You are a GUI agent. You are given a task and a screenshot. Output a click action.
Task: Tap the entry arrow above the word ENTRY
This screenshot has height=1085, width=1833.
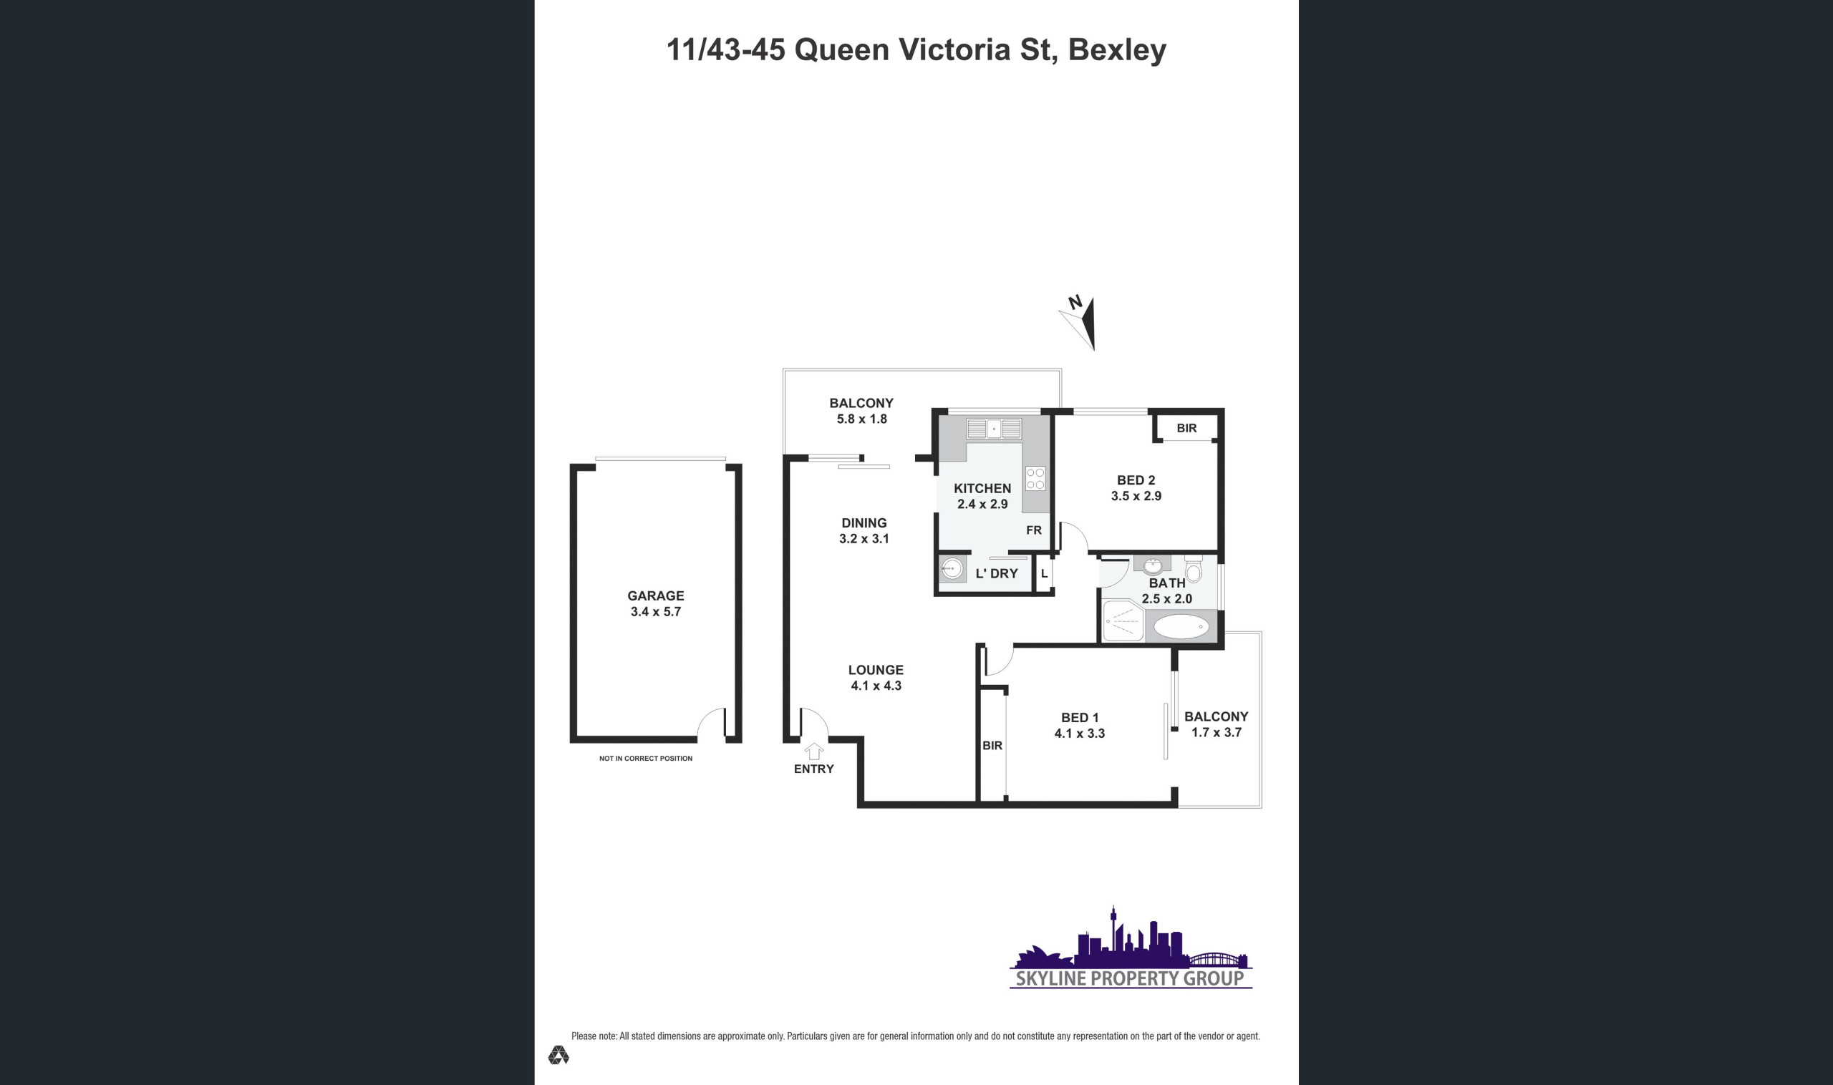(x=814, y=751)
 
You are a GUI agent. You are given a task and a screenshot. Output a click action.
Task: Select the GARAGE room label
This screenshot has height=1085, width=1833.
(x=655, y=596)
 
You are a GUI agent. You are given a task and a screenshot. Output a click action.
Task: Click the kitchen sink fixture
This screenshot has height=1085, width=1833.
(x=993, y=429)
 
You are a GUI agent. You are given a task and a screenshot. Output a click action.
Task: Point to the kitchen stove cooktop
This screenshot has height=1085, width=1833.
(x=1035, y=478)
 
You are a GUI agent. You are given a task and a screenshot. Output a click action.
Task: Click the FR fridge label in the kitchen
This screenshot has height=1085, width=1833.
(x=1033, y=530)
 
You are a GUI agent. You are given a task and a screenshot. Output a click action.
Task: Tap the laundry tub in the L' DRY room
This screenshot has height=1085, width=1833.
(x=952, y=569)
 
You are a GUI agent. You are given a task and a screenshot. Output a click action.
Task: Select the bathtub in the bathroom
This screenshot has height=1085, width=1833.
(x=1181, y=626)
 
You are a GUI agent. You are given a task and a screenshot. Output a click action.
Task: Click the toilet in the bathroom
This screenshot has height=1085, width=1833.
(x=1193, y=568)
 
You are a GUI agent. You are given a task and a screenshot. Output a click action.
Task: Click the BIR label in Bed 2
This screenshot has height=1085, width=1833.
(x=1186, y=428)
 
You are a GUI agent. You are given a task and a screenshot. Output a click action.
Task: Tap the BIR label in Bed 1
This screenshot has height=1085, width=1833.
(x=992, y=746)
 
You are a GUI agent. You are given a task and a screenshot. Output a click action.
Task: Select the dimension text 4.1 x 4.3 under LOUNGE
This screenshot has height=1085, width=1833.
(x=876, y=686)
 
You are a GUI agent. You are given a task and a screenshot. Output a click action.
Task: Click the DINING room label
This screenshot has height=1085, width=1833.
(x=864, y=522)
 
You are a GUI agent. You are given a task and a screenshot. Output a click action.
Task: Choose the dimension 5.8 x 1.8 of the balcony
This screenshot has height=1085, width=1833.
(x=861, y=419)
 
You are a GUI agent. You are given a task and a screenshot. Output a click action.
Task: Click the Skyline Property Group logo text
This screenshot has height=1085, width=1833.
(x=1130, y=978)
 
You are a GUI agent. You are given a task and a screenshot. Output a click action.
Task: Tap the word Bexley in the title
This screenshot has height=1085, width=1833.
(x=1117, y=49)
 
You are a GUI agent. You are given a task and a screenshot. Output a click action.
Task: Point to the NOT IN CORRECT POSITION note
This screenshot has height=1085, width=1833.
(x=646, y=758)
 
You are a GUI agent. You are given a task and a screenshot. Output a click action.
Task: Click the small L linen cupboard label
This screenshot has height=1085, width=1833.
(x=1044, y=574)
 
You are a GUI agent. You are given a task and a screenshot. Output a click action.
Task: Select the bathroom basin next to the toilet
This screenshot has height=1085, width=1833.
(x=1153, y=565)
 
